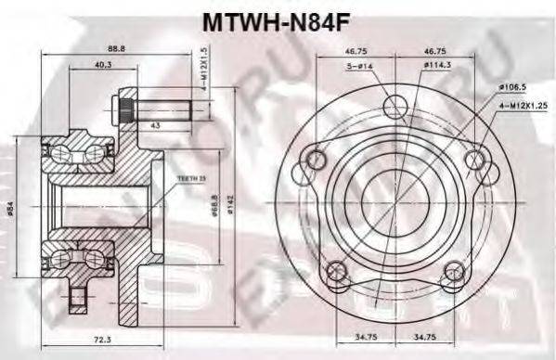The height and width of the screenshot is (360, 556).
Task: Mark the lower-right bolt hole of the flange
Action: point(452,271)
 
